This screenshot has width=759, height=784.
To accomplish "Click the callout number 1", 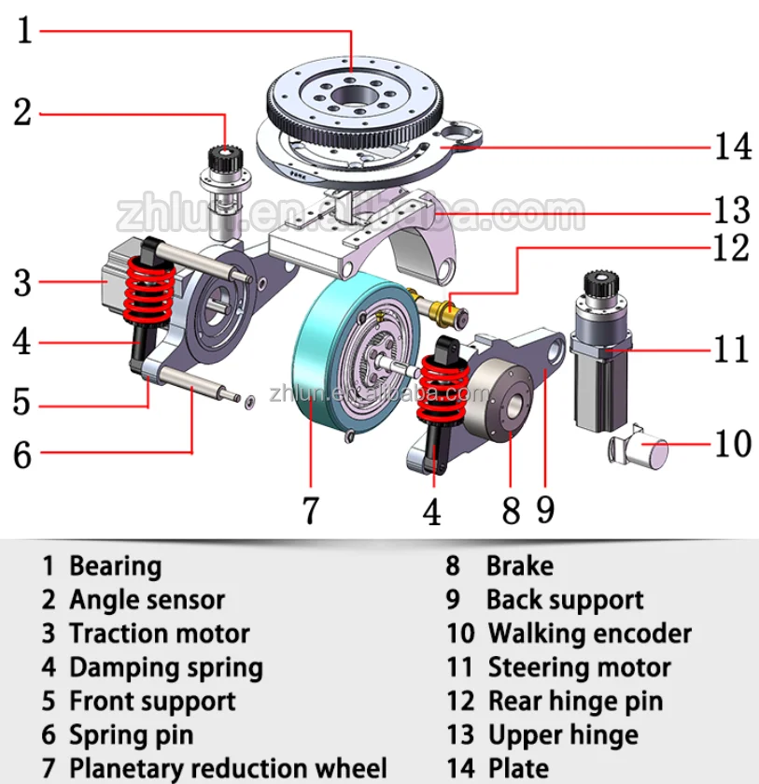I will (x=23, y=31).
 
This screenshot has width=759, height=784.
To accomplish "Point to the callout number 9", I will (x=546, y=510).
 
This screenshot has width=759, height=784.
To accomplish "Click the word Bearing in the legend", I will (x=115, y=566).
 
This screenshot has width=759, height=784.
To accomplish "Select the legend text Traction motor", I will (x=160, y=634).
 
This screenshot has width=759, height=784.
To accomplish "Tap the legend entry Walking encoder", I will (x=589, y=634).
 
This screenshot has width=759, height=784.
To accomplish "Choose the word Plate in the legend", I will (x=518, y=768).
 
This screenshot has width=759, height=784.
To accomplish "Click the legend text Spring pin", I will (x=131, y=734).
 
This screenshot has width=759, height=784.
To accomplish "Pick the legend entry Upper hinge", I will (x=563, y=734).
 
